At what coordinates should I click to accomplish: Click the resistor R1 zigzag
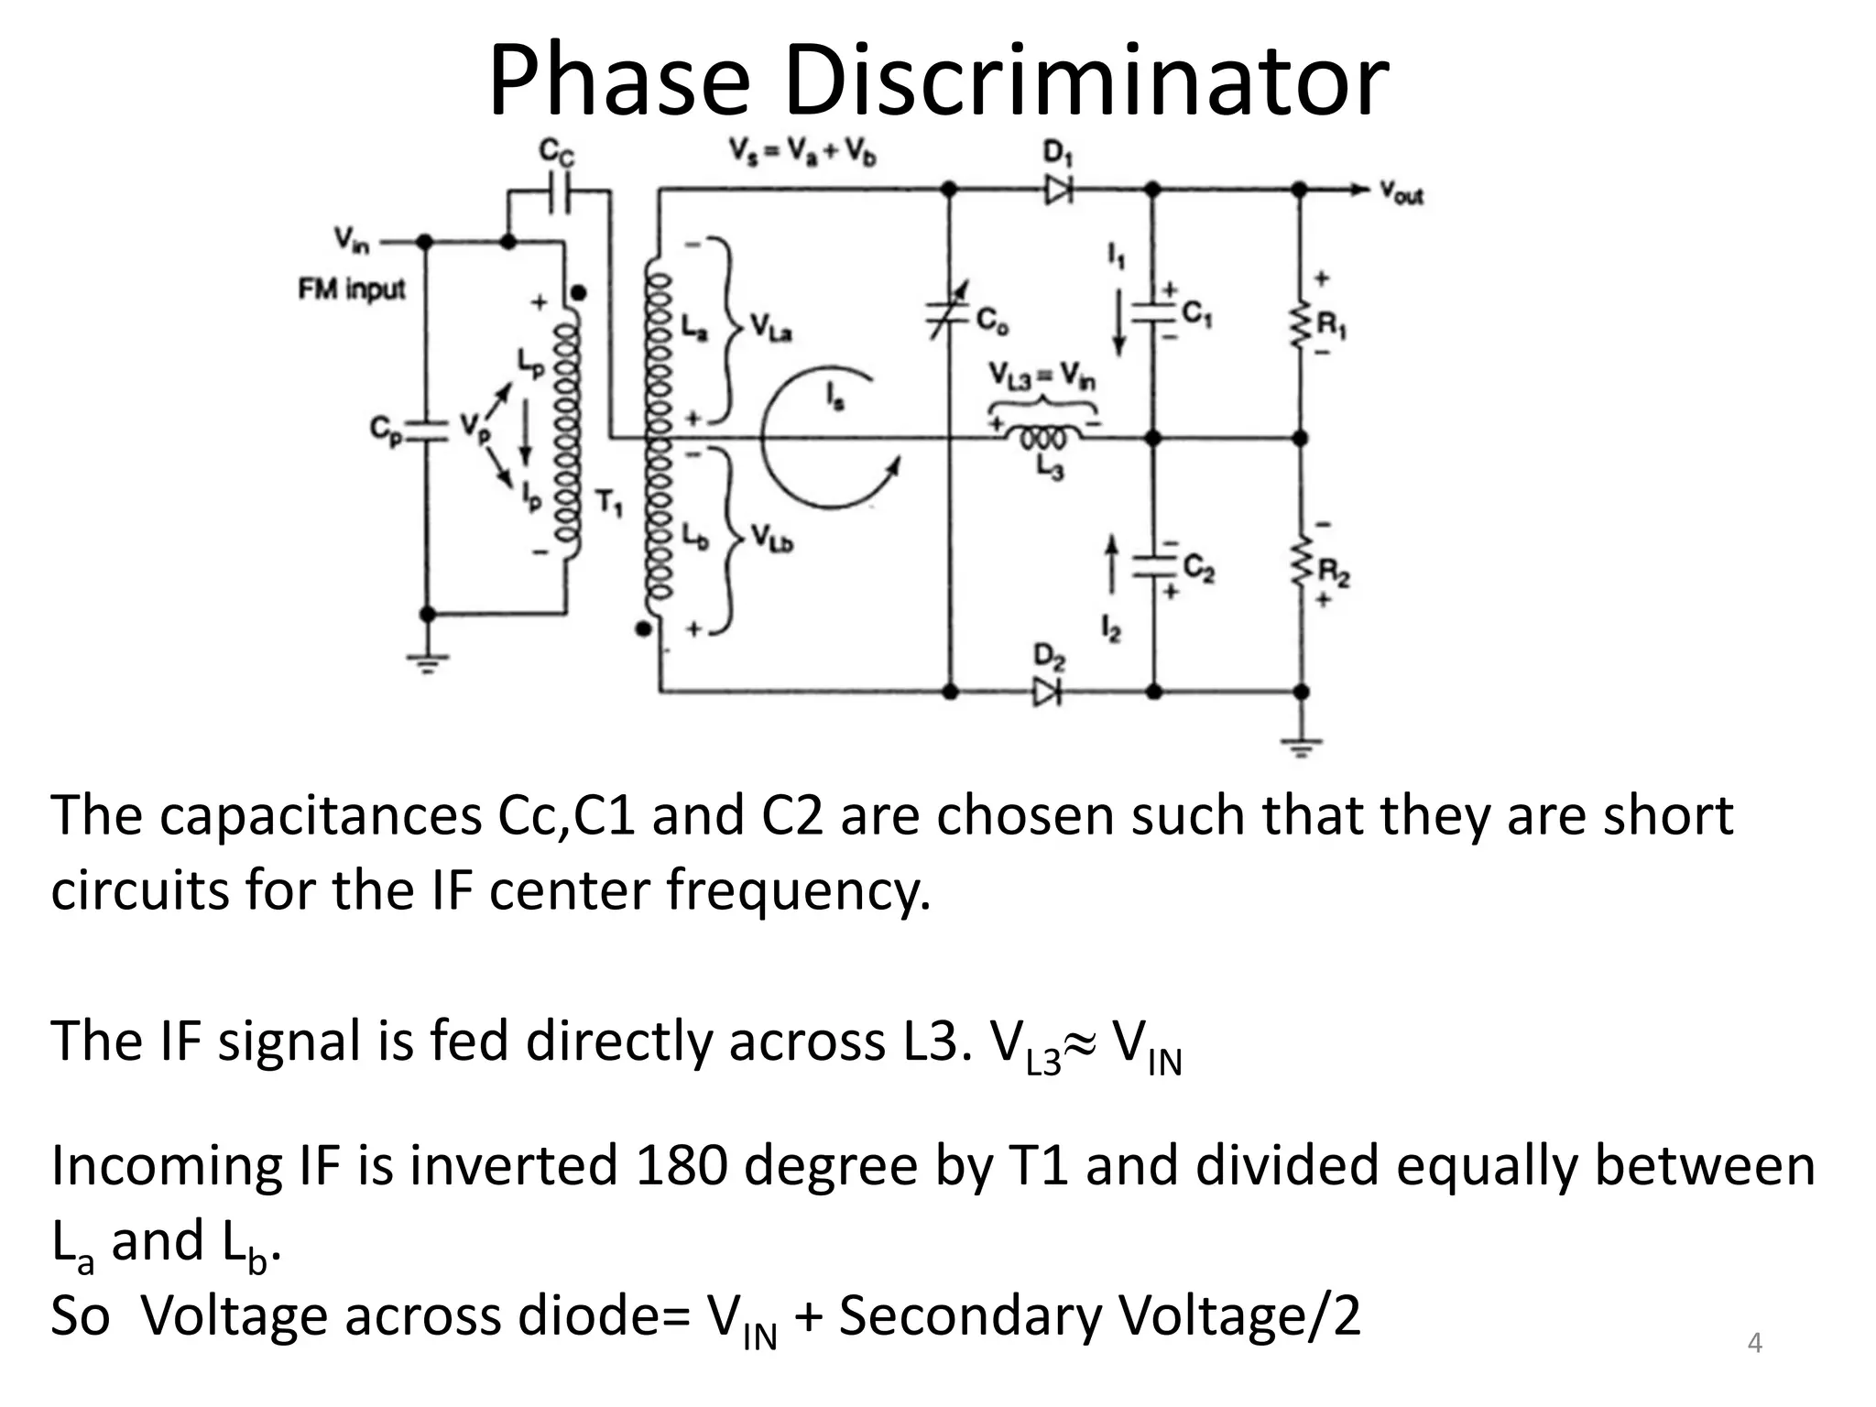coord(1300,322)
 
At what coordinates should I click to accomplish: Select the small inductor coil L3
coord(1043,438)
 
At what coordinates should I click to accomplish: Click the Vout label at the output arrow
coord(1402,193)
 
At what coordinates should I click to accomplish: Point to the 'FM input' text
coord(352,290)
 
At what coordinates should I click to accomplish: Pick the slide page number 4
coord(1754,1343)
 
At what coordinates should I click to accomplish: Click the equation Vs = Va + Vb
coord(802,151)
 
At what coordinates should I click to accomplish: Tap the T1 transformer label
coord(609,502)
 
